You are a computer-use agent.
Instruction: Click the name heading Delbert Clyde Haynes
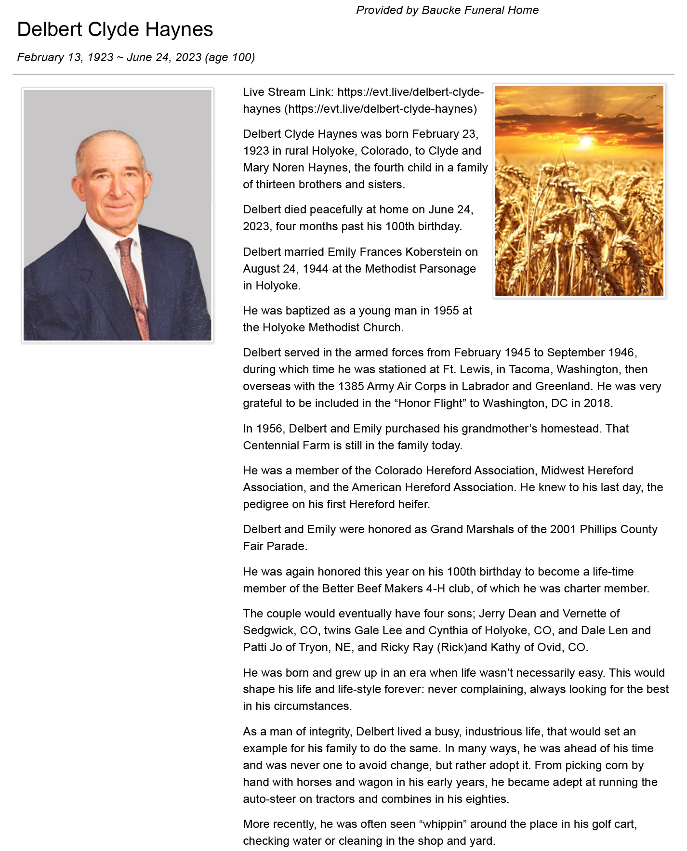[x=115, y=30]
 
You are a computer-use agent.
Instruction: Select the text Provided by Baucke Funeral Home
[x=447, y=10]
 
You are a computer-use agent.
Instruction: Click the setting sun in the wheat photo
[x=585, y=141]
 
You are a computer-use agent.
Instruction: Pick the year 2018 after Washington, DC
[x=597, y=403]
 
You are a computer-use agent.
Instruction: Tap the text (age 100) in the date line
[x=230, y=57]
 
